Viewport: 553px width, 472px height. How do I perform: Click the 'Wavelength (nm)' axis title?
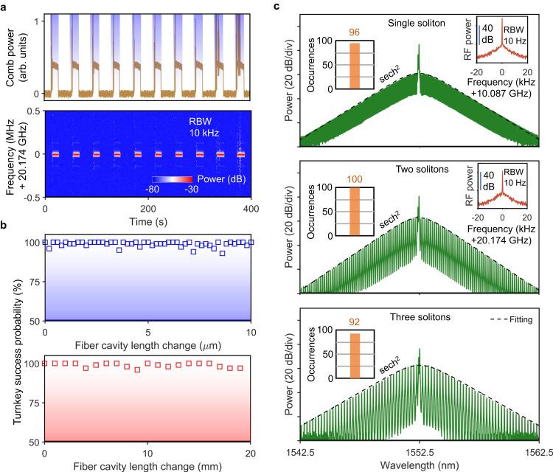419,462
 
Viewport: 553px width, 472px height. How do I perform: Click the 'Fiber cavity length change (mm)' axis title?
149,465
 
